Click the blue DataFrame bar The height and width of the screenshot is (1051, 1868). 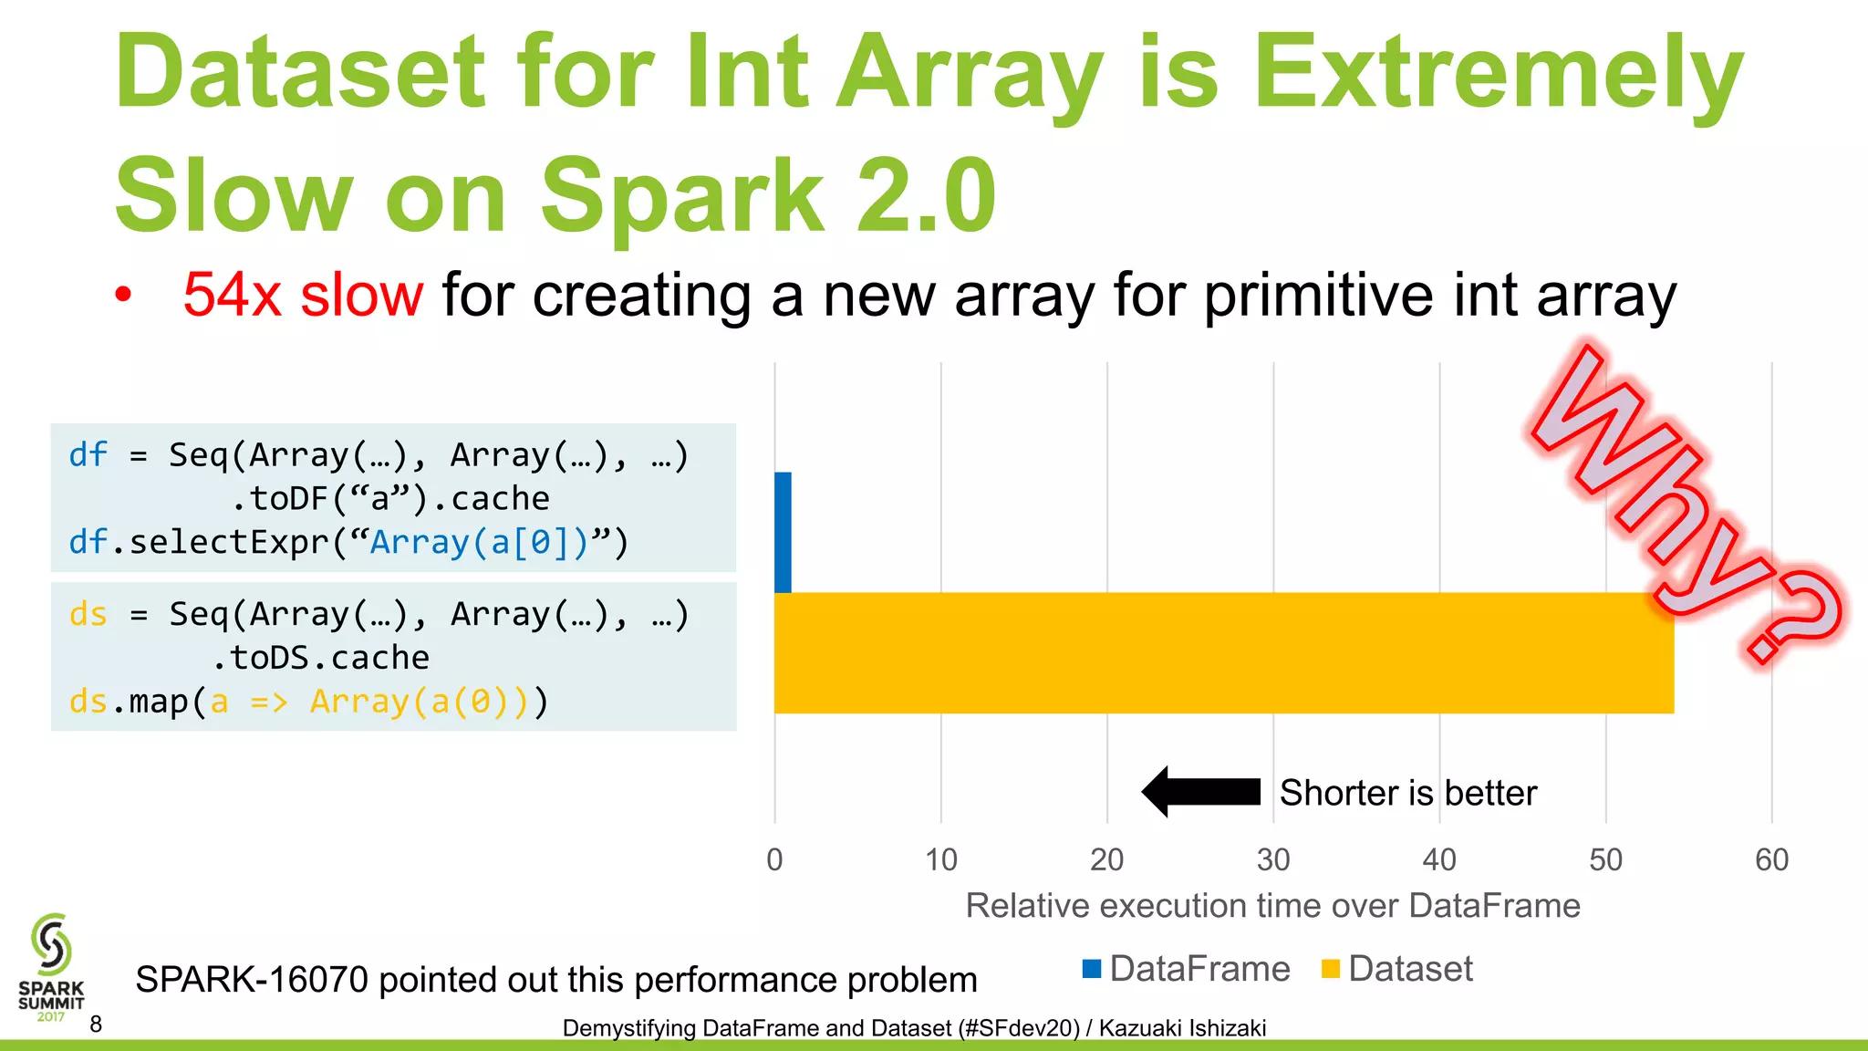(783, 532)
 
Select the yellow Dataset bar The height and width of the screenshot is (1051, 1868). (1222, 652)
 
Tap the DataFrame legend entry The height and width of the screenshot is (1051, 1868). (1187, 969)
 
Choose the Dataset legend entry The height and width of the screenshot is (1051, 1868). (1397, 969)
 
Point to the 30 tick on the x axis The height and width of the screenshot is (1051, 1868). (1273, 859)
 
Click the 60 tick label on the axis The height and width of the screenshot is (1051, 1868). (1771, 859)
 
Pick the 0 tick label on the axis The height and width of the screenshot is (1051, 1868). (774, 859)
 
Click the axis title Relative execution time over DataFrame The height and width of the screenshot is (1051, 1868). (1272, 906)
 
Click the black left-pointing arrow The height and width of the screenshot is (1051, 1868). (1200, 791)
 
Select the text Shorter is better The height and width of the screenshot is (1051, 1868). (1407, 793)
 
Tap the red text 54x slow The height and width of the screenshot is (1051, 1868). (303, 295)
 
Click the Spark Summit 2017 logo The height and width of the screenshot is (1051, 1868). (51, 967)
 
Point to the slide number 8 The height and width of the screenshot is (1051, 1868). (96, 1025)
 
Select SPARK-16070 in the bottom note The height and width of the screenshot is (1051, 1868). (252, 980)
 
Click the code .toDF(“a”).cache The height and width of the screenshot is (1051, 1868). (389, 499)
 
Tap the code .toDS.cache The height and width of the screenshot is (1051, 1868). (319, 658)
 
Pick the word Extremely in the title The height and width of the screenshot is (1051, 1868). (1498, 73)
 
